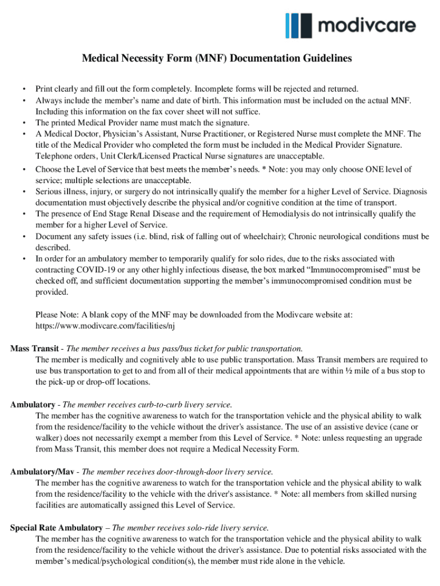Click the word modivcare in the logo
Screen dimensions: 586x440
tap(367, 26)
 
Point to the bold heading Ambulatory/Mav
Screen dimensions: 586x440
tap(43, 472)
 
